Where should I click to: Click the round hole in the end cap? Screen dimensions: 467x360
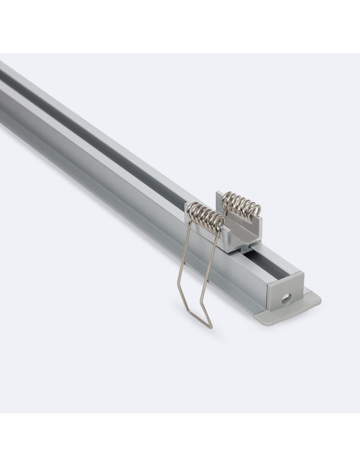285,297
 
